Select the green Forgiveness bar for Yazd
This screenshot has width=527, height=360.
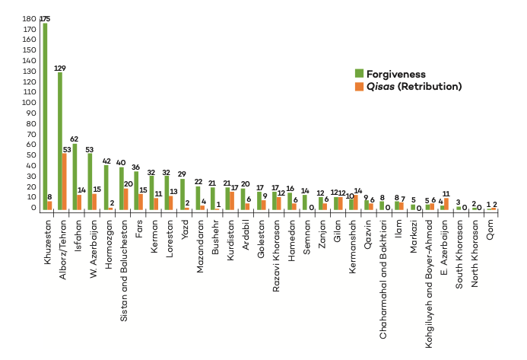pyautogui.click(x=183, y=194)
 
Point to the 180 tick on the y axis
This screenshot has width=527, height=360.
pyautogui.click(x=29, y=19)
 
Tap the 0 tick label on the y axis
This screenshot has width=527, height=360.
pyautogui.click(x=33, y=207)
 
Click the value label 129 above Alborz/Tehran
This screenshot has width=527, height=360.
pyautogui.click(x=60, y=68)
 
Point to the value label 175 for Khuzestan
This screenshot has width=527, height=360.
pyautogui.click(x=46, y=17)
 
